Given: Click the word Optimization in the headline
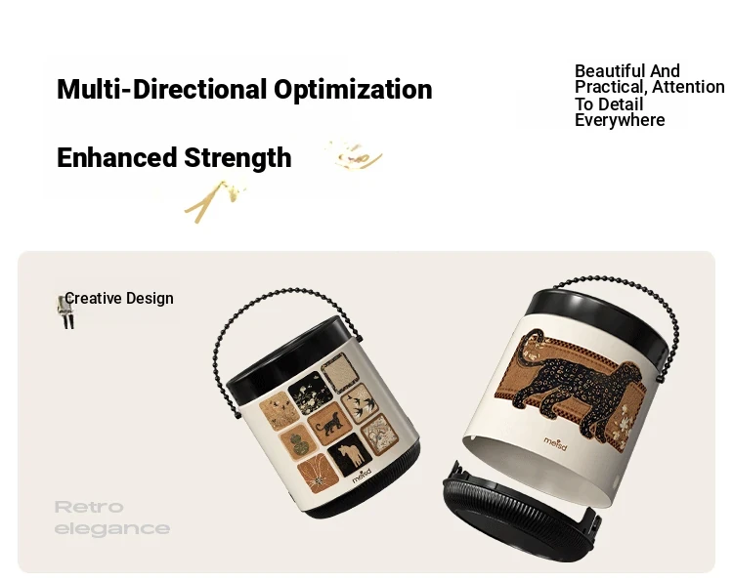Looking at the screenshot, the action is [x=353, y=90].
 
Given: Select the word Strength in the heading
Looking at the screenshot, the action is [x=237, y=158].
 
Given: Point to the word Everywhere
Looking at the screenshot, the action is [x=620, y=120].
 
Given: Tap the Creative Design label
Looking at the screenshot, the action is [x=119, y=299].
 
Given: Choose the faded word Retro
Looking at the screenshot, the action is [x=89, y=507].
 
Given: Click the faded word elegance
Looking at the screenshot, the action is [x=112, y=529].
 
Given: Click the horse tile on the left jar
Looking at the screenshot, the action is [x=350, y=454].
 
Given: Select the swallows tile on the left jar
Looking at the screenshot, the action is [x=360, y=403].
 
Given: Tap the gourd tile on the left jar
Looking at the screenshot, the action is [x=298, y=442].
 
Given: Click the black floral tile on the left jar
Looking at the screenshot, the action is [x=311, y=393].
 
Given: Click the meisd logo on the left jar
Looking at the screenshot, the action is [x=362, y=476].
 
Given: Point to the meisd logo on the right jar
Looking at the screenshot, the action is [x=555, y=443].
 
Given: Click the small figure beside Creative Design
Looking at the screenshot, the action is [x=65, y=311].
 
